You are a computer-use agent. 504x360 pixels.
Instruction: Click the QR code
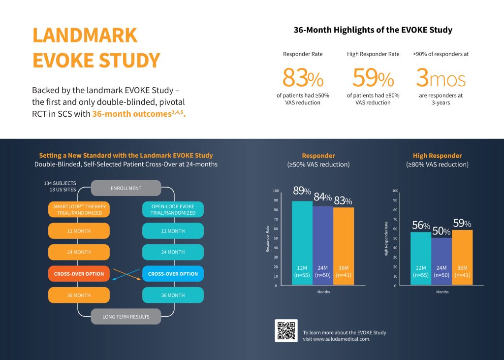[286, 330]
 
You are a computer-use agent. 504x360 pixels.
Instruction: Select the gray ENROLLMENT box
[126, 188]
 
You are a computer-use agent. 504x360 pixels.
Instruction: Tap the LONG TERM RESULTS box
[126, 317]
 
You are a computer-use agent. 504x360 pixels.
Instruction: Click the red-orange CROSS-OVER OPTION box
[79, 274]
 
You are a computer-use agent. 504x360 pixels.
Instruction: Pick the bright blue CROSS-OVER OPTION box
[173, 274]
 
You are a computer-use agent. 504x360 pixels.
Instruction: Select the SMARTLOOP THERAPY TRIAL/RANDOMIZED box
[79, 209]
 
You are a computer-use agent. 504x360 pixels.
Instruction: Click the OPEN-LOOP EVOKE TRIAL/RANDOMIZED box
[173, 209]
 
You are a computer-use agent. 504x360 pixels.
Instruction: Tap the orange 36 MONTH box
[79, 295]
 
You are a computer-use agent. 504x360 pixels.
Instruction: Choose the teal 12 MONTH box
[173, 231]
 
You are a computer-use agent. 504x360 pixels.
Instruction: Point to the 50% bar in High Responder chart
[442, 261]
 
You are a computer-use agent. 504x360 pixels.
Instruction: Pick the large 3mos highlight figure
[441, 78]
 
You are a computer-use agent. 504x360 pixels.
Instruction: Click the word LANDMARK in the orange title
[85, 35]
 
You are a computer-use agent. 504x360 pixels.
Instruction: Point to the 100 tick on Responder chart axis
[276, 191]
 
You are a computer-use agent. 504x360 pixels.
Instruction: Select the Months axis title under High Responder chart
[442, 292]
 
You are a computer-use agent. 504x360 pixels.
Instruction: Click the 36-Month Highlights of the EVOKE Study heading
[373, 30]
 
